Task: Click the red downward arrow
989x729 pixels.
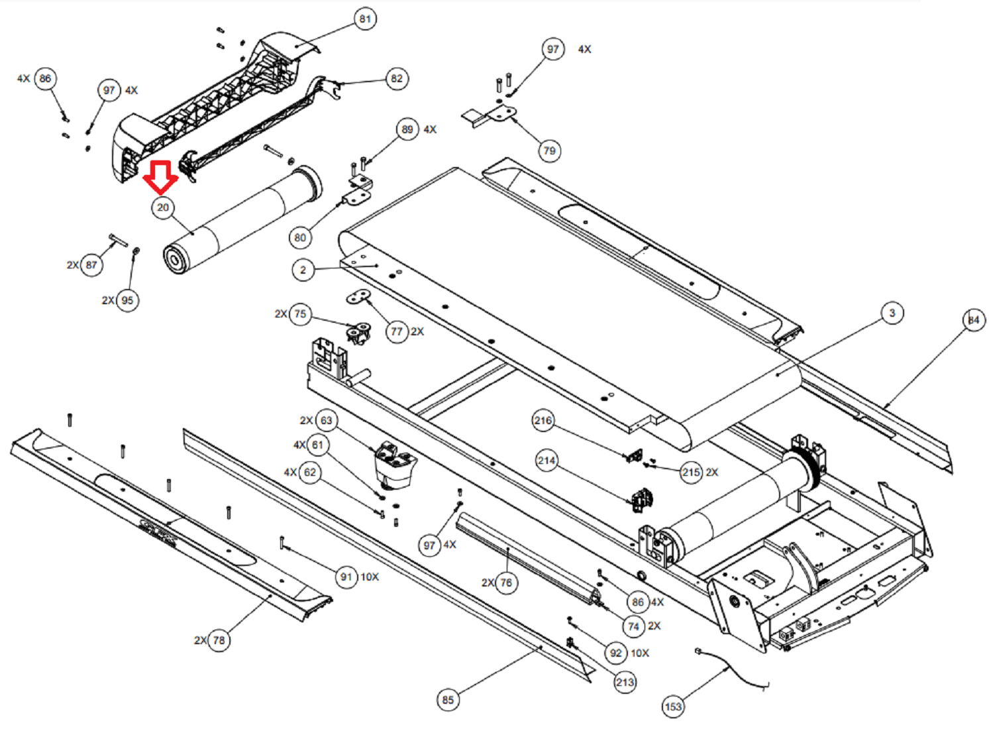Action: [x=161, y=177]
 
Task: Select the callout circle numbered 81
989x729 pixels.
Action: [x=365, y=19]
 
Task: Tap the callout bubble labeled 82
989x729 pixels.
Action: [x=396, y=78]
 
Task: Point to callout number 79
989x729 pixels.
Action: [x=549, y=150]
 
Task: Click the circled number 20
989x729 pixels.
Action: [x=163, y=207]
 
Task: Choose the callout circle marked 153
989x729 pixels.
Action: [x=673, y=706]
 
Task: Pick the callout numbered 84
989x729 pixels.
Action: [x=973, y=320]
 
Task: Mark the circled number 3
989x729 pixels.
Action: [x=892, y=313]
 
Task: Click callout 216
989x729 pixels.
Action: [x=543, y=420]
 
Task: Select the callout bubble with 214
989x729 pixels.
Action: [x=547, y=460]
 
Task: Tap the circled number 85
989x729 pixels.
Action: [x=448, y=700]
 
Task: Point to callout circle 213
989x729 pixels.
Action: [x=625, y=682]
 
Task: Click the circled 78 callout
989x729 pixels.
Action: [x=219, y=640]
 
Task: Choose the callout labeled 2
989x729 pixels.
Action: [x=303, y=270]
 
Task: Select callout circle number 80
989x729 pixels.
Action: [x=300, y=237]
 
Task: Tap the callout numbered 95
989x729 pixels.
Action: [x=127, y=300]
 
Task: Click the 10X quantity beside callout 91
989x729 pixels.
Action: [x=369, y=577]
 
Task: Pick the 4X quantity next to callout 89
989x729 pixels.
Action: [x=430, y=129]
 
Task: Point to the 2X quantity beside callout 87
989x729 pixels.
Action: [x=73, y=265]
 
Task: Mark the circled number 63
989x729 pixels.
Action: [x=326, y=420]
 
